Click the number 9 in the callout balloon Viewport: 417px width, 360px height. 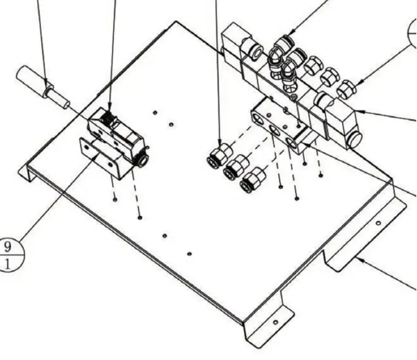pos(8,247)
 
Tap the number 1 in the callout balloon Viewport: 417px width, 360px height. pos(8,265)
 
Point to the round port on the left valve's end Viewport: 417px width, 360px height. pos(143,161)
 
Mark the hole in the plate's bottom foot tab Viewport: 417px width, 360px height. pos(275,322)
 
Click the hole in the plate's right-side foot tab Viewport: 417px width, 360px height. pos(379,223)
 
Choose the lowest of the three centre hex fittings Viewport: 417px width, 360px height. pos(253,180)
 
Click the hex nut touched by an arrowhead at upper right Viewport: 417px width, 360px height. pos(347,89)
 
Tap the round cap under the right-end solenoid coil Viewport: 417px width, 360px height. pos(356,140)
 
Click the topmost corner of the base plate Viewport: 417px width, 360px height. pos(176,22)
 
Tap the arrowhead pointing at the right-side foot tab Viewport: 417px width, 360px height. pos(361,259)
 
